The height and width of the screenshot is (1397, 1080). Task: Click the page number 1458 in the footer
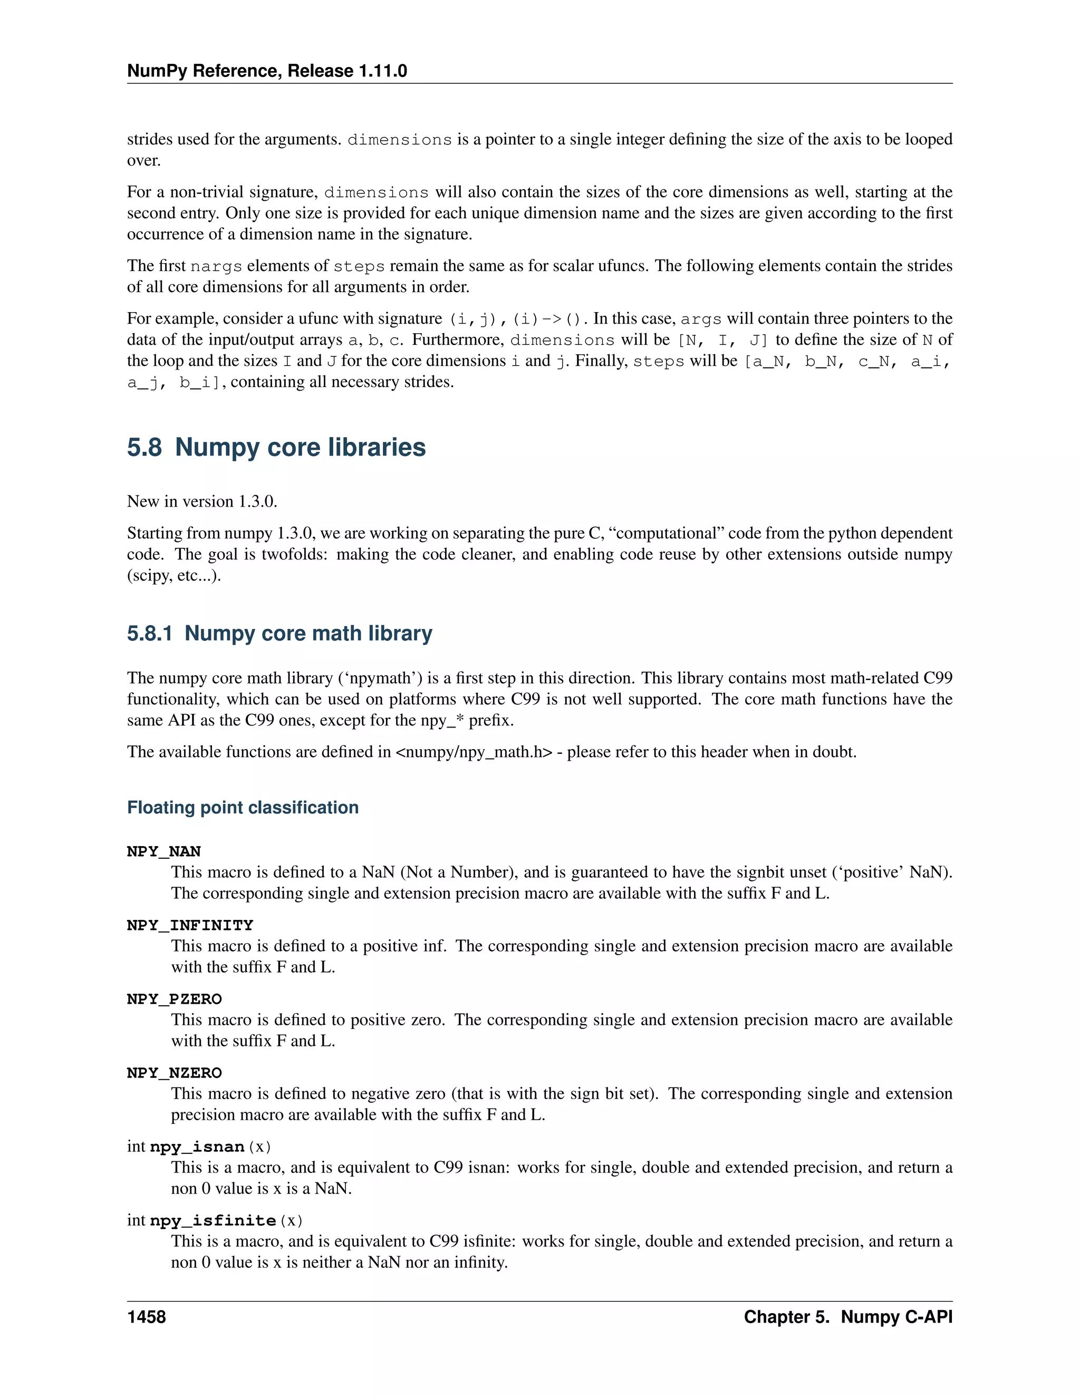click(x=147, y=1317)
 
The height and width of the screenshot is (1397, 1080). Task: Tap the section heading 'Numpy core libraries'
click(x=300, y=447)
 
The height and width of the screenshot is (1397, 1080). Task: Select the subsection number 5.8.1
click(x=150, y=633)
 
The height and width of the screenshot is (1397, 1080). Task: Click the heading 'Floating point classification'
click(x=243, y=807)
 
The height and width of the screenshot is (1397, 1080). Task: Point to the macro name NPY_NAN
click(x=164, y=851)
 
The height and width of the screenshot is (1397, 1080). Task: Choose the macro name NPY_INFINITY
click(x=190, y=925)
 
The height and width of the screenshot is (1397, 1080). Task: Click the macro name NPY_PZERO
click(x=174, y=998)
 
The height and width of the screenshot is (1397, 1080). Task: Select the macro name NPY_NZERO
click(x=174, y=1073)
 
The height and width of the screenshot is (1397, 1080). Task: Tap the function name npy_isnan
click(x=197, y=1147)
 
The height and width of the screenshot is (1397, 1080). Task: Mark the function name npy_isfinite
click(x=213, y=1220)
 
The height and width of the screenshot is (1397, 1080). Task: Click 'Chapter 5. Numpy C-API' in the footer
click(x=848, y=1317)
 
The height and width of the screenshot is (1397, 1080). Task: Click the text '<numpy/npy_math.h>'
click(x=474, y=752)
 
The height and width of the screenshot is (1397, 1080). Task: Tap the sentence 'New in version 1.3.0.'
click(x=202, y=501)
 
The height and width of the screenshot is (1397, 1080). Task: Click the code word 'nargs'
click(x=216, y=266)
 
